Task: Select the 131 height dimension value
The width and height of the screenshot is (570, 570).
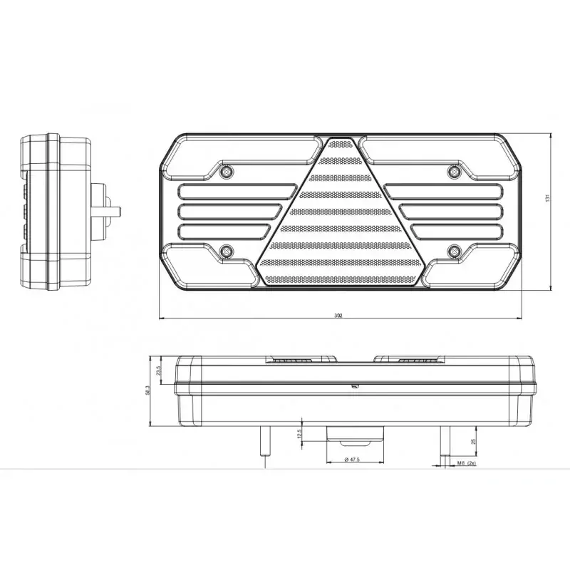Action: point(547,199)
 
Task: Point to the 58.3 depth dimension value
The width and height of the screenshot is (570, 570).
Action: point(147,390)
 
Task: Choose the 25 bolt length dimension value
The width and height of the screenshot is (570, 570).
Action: point(474,442)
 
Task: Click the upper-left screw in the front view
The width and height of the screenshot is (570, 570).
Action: point(227,171)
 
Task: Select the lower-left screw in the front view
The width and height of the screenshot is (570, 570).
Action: point(227,250)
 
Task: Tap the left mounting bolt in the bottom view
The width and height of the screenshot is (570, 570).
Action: point(264,442)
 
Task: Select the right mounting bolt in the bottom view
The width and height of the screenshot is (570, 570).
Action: point(442,442)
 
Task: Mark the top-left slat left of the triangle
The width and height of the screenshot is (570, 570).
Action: point(235,191)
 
